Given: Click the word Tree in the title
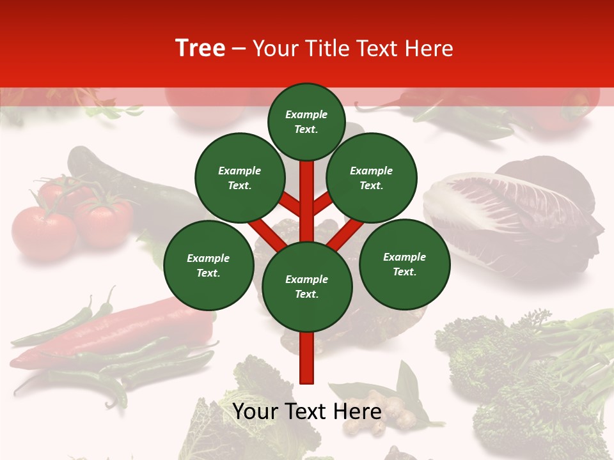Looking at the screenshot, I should (x=200, y=49).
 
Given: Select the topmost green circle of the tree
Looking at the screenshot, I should (x=306, y=121).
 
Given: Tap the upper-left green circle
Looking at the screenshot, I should (x=240, y=178).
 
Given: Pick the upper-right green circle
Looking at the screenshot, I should (x=372, y=178).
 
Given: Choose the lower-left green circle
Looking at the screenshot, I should (x=209, y=265).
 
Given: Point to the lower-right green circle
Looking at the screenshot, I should (x=405, y=264).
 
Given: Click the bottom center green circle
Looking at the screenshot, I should (x=307, y=287).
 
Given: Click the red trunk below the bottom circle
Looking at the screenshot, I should (x=307, y=358).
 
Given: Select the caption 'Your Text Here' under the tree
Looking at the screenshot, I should (x=307, y=411).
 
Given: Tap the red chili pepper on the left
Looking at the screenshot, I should (x=128, y=332).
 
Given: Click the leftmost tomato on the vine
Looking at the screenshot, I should (x=43, y=233).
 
